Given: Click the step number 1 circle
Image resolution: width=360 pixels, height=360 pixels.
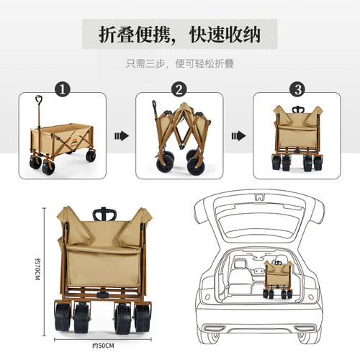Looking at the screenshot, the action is [63, 89].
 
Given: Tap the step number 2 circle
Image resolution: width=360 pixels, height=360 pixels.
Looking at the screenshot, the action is [179, 89].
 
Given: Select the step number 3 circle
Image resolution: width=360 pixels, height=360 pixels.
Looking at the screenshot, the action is [298, 89].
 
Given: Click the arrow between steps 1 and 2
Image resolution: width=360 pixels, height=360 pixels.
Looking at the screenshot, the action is [122, 136].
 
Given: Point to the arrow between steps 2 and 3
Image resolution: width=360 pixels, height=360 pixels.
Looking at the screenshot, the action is [238, 136].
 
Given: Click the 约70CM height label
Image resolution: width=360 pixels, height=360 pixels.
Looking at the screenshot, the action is [37, 269].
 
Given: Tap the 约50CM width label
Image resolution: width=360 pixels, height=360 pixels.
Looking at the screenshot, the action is [103, 346].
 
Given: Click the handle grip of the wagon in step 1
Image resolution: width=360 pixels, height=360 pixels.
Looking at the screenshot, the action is [39, 99].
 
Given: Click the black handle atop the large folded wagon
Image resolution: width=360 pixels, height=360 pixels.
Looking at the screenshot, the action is [104, 214].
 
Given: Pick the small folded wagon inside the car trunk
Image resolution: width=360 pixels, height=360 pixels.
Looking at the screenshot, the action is [278, 279].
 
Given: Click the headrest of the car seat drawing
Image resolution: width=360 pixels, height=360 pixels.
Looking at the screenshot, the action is [239, 264].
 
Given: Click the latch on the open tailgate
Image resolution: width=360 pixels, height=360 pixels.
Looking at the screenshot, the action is [259, 197].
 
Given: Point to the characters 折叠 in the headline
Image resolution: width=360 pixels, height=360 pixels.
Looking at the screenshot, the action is [117, 35].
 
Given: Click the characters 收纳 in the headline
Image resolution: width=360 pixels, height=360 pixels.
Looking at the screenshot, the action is [243, 35].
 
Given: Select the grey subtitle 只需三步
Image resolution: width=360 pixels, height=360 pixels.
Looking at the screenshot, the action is [145, 63].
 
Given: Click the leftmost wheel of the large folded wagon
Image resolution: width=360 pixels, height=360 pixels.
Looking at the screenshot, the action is [63, 316].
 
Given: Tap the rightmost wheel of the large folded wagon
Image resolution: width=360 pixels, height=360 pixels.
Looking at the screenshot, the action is [143, 317].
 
